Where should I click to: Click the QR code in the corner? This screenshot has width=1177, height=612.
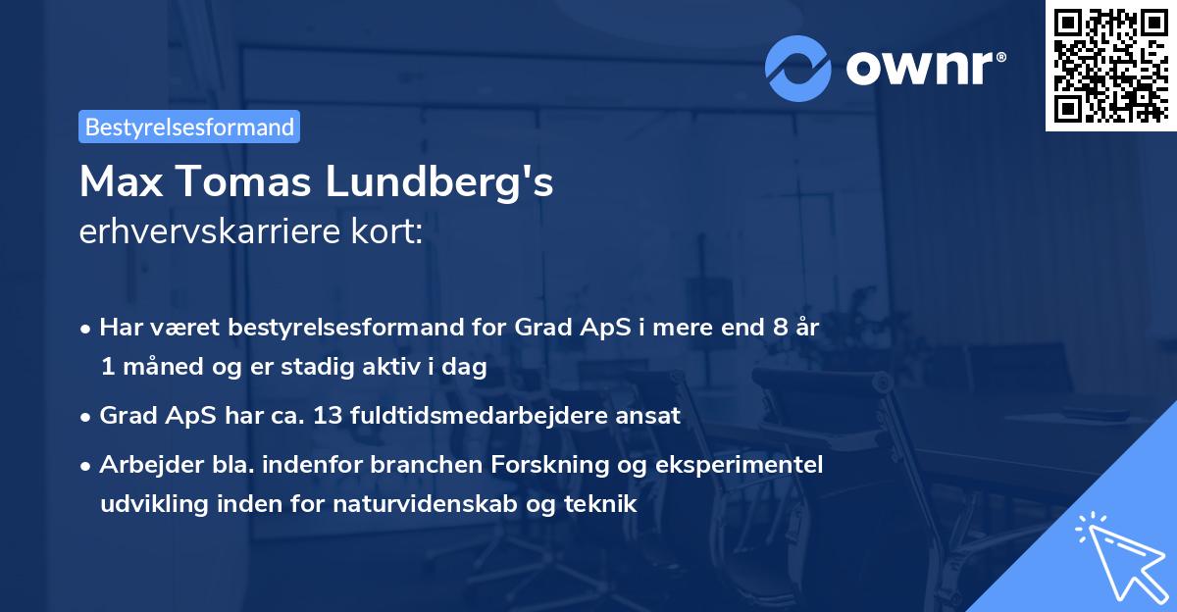1109,66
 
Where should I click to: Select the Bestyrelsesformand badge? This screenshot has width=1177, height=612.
189,127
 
